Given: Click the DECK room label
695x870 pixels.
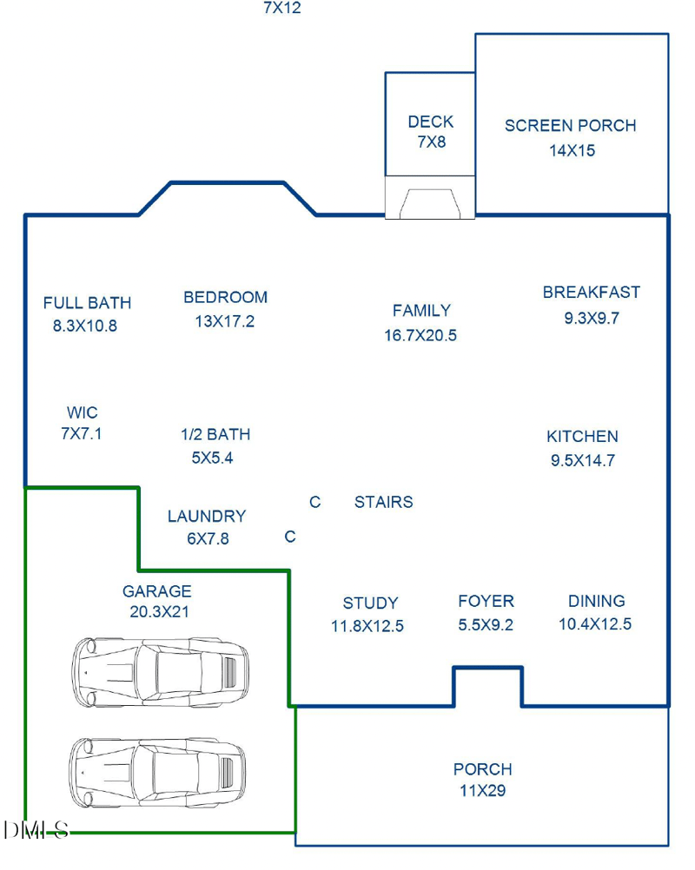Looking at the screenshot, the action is [x=431, y=122].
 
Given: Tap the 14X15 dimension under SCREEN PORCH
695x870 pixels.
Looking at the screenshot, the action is [x=573, y=150].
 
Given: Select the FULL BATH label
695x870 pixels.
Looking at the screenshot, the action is [x=87, y=303].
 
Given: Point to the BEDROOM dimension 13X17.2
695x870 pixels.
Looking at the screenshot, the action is [x=225, y=321].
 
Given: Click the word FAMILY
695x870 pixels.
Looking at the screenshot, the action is [x=422, y=310].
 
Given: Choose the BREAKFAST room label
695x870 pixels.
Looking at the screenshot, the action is [x=592, y=293].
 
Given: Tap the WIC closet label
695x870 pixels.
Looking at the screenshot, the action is [x=83, y=412].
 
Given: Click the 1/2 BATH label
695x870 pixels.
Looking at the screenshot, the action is [x=215, y=434].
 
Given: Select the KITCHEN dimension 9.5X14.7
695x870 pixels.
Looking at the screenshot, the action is [x=583, y=460].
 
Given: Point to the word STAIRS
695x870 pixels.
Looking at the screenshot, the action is [x=384, y=502].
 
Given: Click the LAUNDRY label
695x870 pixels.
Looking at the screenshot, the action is [x=207, y=516].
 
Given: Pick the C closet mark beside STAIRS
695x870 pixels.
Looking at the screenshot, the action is [x=315, y=502].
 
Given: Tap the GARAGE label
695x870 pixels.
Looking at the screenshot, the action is [x=157, y=591].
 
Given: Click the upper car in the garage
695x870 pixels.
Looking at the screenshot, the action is [x=160, y=672].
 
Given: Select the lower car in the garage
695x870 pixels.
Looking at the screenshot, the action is [x=157, y=773].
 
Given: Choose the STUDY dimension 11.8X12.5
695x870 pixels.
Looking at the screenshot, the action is [x=367, y=626].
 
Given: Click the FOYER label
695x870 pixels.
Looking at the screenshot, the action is [x=486, y=601].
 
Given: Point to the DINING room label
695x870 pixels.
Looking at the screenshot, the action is [x=597, y=601].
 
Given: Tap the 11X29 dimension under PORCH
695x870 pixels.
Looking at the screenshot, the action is [x=483, y=791].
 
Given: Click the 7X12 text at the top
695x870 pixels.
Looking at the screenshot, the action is [x=282, y=8].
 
